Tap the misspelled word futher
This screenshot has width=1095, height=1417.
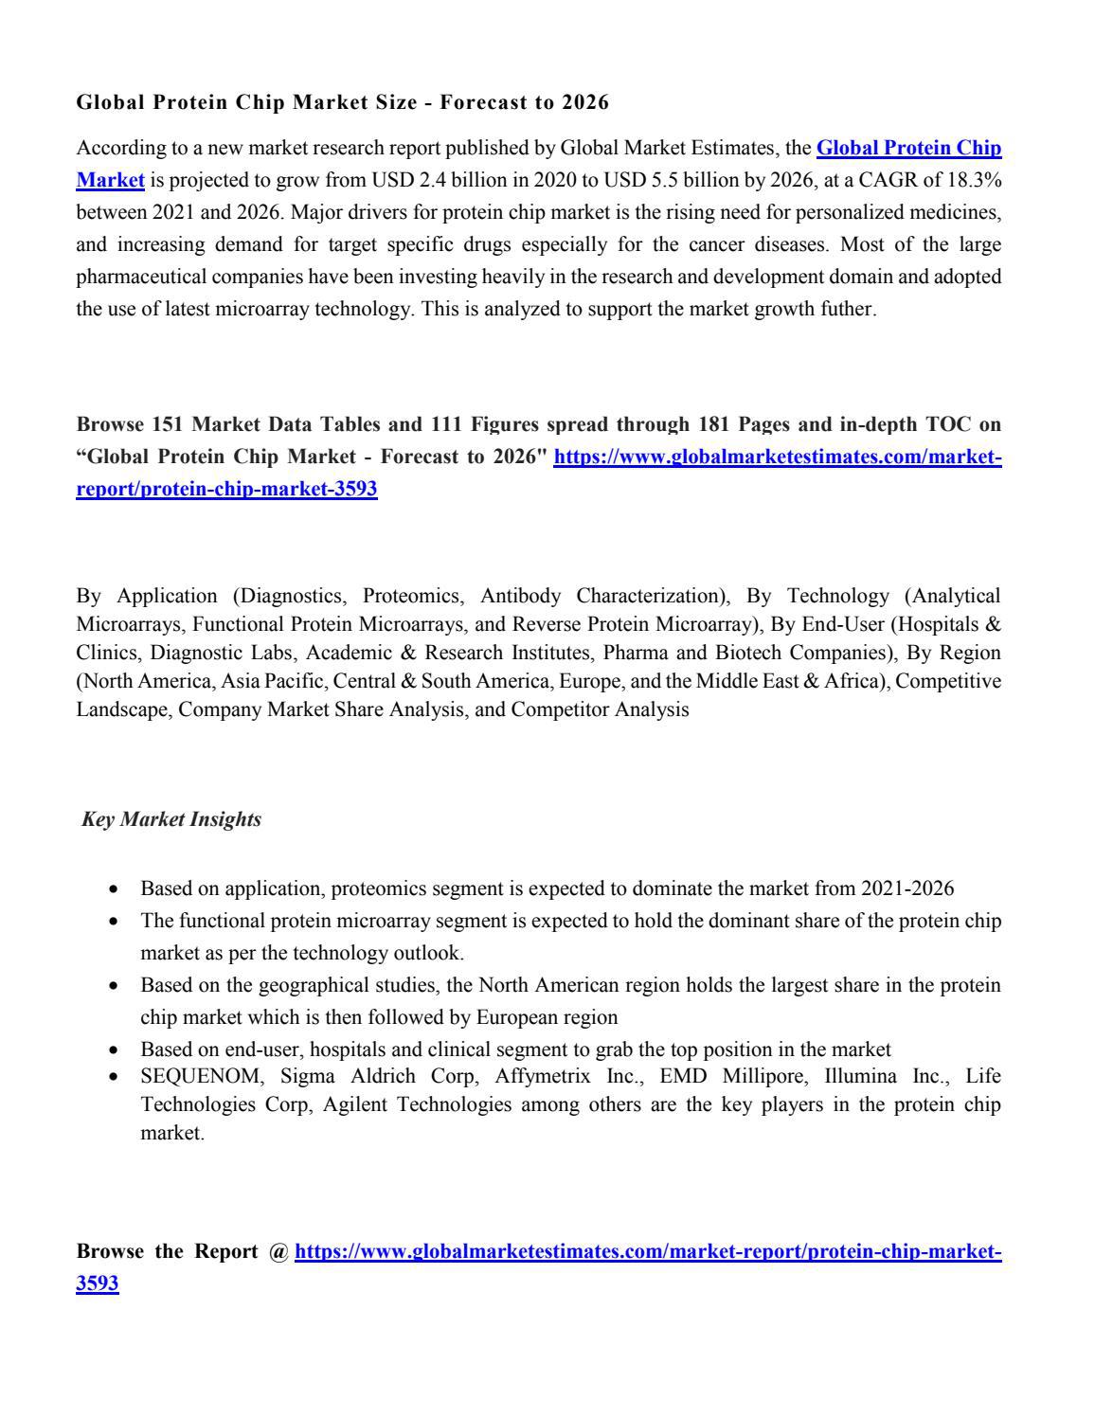coord(848,309)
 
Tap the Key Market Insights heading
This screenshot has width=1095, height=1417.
coord(171,819)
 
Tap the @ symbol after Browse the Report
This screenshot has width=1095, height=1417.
coord(278,1252)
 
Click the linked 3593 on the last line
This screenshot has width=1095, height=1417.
coord(98,1284)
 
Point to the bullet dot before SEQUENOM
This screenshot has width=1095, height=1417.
coord(115,1077)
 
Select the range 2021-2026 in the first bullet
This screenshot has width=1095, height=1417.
coord(907,888)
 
